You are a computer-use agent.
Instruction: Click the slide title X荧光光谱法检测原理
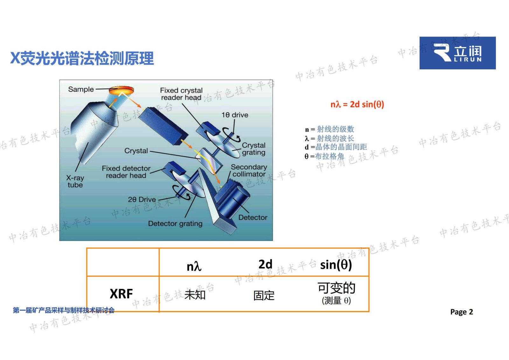click(82, 58)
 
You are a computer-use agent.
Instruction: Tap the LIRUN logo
click(457, 53)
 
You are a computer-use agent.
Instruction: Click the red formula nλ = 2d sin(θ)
click(357, 104)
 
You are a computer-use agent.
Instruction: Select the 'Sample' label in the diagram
click(81, 89)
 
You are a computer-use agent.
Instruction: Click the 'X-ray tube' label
click(75, 181)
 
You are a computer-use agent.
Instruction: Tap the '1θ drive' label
click(235, 115)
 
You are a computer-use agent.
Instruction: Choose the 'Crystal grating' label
click(254, 149)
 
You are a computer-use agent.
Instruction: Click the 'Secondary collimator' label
click(249, 171)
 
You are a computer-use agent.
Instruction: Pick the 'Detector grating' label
click(175, 223)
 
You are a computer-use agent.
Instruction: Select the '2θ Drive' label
click(142, 200)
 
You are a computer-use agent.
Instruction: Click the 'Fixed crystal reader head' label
click(181, 94)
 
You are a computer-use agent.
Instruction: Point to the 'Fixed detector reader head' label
click(126, 172)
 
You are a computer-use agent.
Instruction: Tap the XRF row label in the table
click(121, 293)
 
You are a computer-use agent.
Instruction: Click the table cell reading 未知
click(195, 295)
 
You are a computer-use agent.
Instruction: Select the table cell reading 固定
click(264, 295)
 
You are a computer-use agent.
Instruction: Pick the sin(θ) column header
click(336, 265)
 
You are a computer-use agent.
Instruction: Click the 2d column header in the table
click(265, 264)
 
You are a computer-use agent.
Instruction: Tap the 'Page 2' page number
click(461, 312)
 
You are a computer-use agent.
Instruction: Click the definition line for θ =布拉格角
click(324, 156)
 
